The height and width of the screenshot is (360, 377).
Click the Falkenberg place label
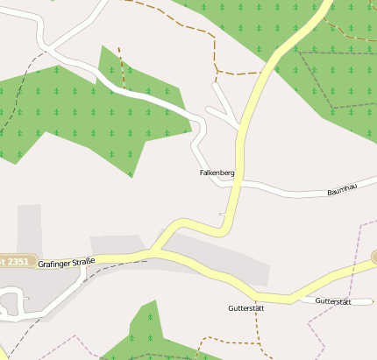pyautogui.click(x=217, y=173)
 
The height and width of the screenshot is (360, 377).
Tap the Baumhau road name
pyautogui.click(x=342, y=189)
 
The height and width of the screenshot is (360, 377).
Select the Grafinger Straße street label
pyautogui.click(x=66, y=261)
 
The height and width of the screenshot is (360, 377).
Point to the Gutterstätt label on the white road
pyautogui.click(x=332, y=301)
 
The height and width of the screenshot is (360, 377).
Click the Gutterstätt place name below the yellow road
pyautogui.click(x=245, y=308)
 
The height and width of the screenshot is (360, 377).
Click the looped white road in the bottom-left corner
pyautogui.click(x=11, y=303)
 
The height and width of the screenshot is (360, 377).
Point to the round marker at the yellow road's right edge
pyautogui.click(x=373, y=258)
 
